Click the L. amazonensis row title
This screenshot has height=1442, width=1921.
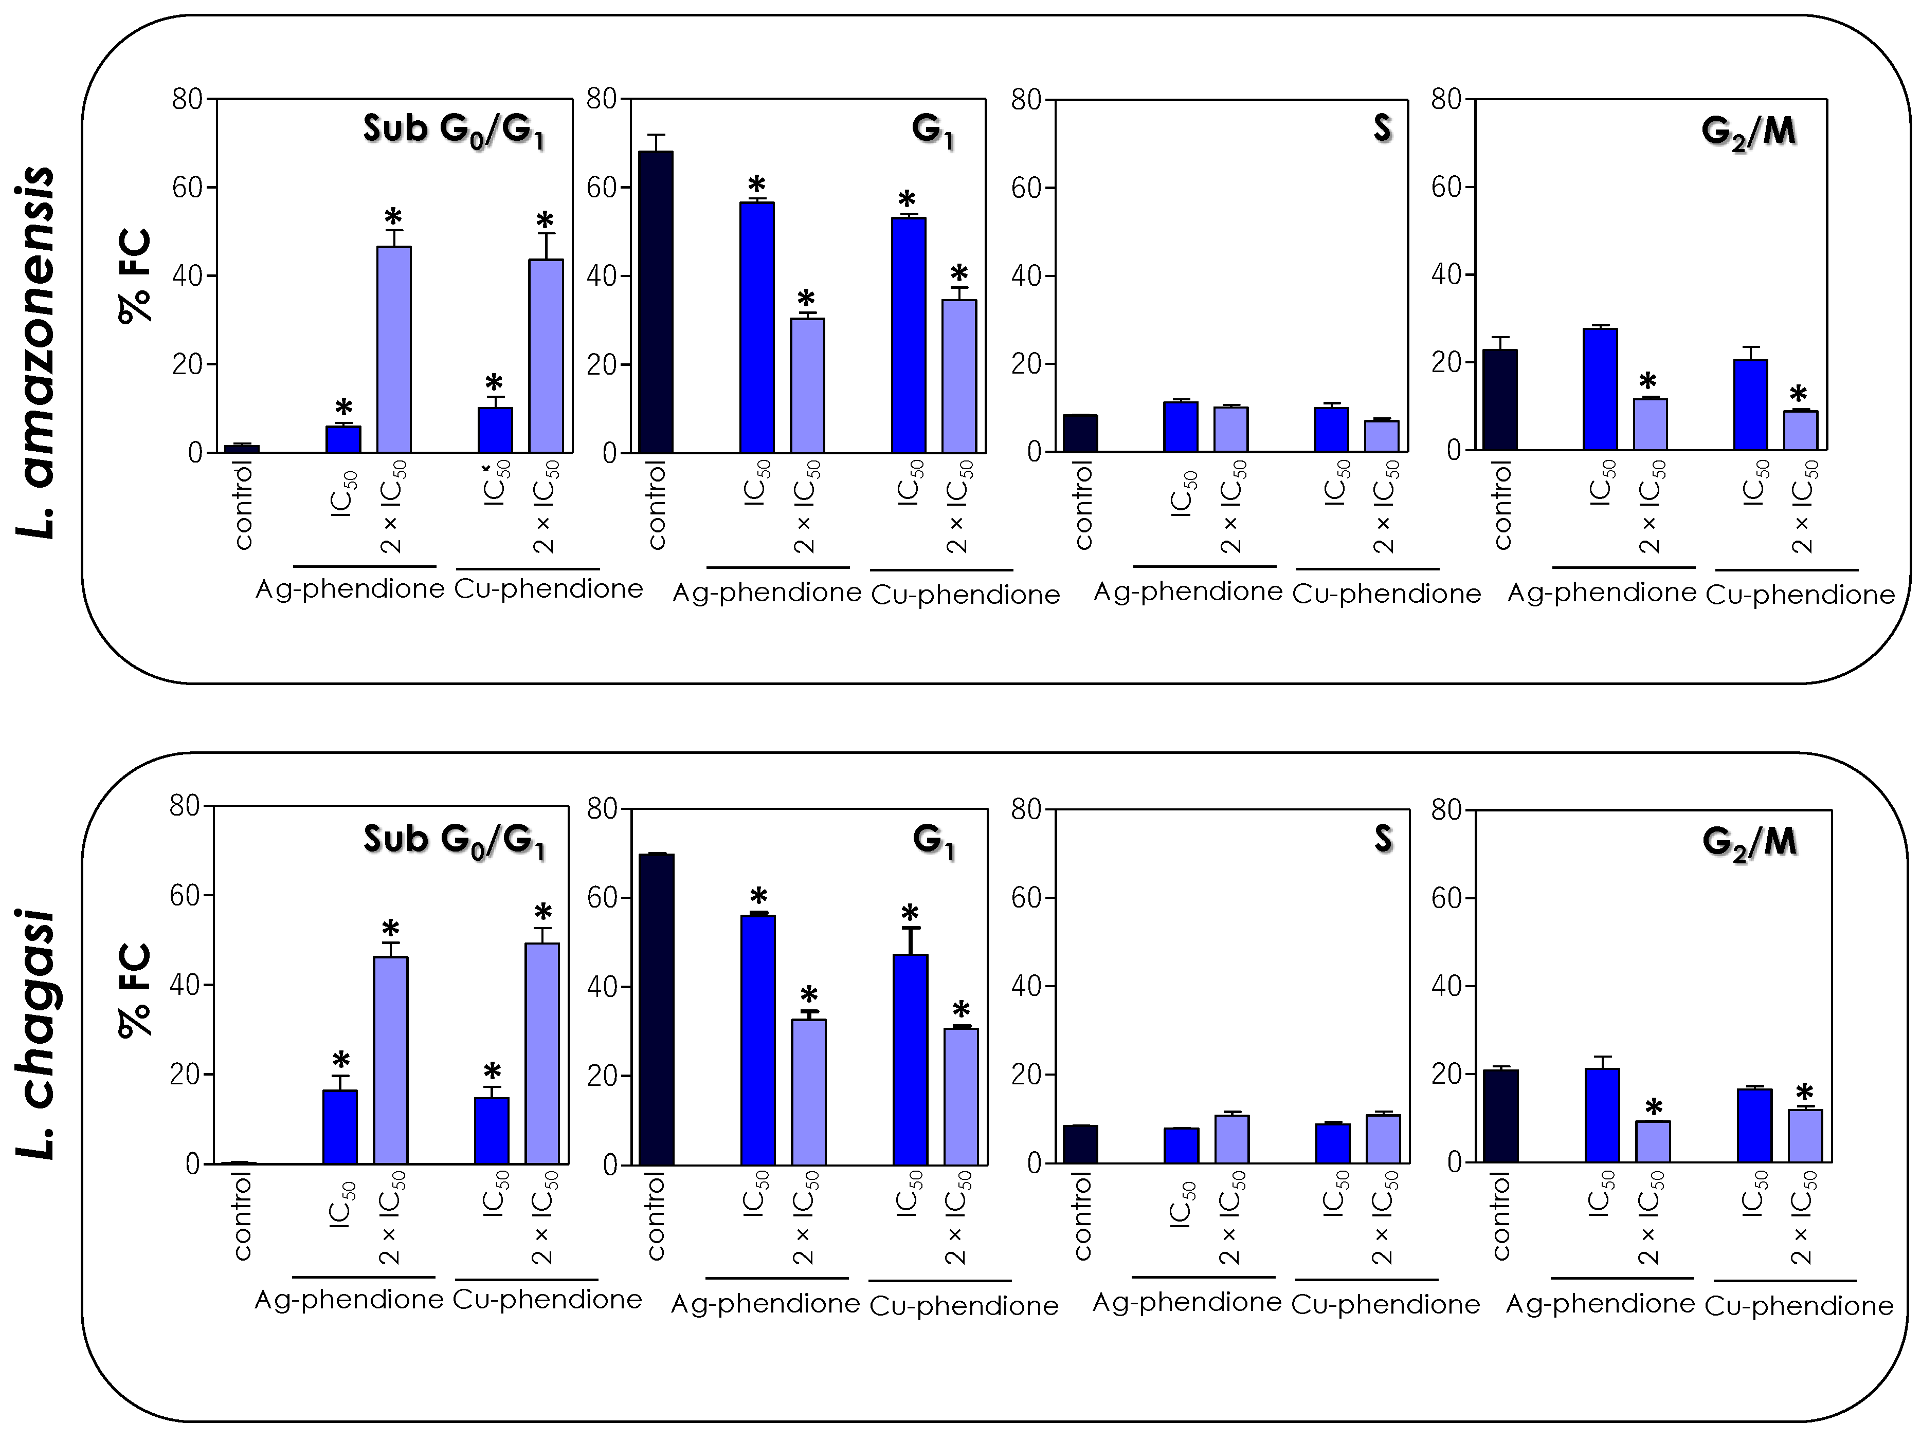(x=37, y=352)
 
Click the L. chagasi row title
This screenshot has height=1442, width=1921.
(x=37, y=1033)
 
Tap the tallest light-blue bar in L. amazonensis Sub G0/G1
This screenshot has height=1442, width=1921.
(x=393, y=349)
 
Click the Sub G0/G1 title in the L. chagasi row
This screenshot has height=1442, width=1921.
(x=454, y=840)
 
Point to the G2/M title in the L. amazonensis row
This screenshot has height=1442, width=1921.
(x=1748, y=132)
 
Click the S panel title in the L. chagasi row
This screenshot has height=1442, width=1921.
(x=1383, y=839)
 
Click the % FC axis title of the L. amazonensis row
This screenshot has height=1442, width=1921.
(x=135, y=276)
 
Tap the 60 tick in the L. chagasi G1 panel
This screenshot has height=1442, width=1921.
(x=602, y=898)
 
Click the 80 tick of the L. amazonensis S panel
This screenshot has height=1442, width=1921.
(x=1026, y=99)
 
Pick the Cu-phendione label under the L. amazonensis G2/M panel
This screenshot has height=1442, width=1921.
(x=1800, y=595)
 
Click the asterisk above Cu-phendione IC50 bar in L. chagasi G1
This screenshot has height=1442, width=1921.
(x=909, y=913)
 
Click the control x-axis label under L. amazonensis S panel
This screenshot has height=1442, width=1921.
(x=1083, y=506)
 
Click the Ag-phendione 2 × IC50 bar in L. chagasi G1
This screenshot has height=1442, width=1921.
(x=808, y=1092)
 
